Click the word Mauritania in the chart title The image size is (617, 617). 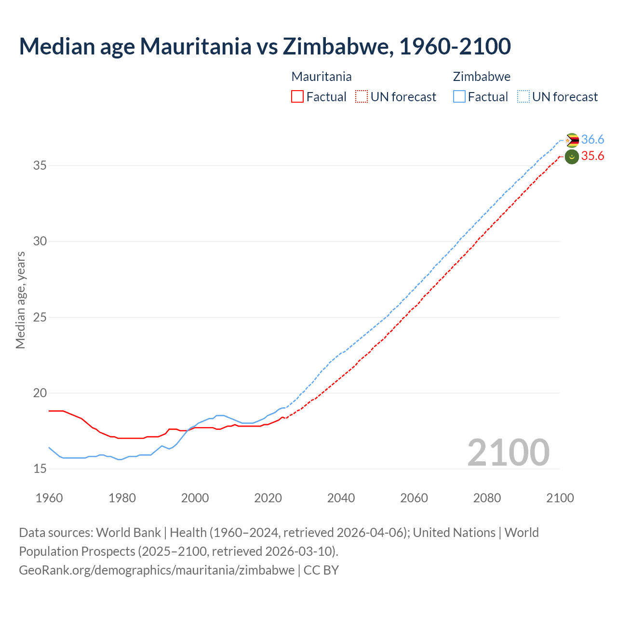click(196, 46)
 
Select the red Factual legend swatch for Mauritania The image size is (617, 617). click(297, 97)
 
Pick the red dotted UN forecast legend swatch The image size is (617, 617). click(362, 97)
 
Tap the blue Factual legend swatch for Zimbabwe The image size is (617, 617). click(459, 97)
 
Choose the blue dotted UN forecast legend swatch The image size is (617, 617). click(523, 97)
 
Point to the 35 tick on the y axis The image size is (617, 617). click(40, 165)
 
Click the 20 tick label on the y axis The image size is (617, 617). click(40, 393)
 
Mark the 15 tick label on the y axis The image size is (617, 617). click(40, 469)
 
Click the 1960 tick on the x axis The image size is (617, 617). click(49, 498)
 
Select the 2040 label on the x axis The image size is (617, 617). click(341, 498)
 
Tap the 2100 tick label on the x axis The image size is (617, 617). click(560, 498)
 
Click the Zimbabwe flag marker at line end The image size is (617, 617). click(572, 140)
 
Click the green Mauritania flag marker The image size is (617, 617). click(572, 157)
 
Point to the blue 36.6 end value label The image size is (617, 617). click(592, 140)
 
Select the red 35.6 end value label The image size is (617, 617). click(592, 156)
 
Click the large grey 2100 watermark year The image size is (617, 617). click(508, 452)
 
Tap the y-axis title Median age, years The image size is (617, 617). click(20, 300)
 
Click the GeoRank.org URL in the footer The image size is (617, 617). click(157, 570)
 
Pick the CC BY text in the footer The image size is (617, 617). click(321, 570)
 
